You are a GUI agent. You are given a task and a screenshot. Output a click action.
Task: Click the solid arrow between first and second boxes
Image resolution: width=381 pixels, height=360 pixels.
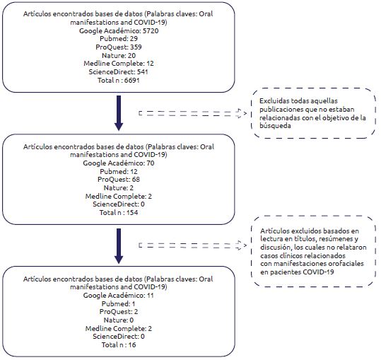[x=119, y=112]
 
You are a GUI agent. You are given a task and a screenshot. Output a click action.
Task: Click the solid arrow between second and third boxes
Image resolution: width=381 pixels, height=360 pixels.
[x=119, y=245]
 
